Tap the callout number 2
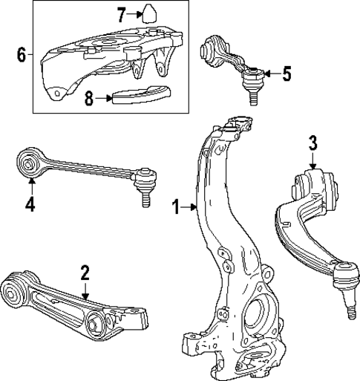[85, 272]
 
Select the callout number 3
[313, 141]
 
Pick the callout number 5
[287, 74]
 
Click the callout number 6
[21, 53]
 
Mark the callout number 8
[89, 97]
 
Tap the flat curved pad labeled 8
[140, 97]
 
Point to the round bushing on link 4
[30, 162]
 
